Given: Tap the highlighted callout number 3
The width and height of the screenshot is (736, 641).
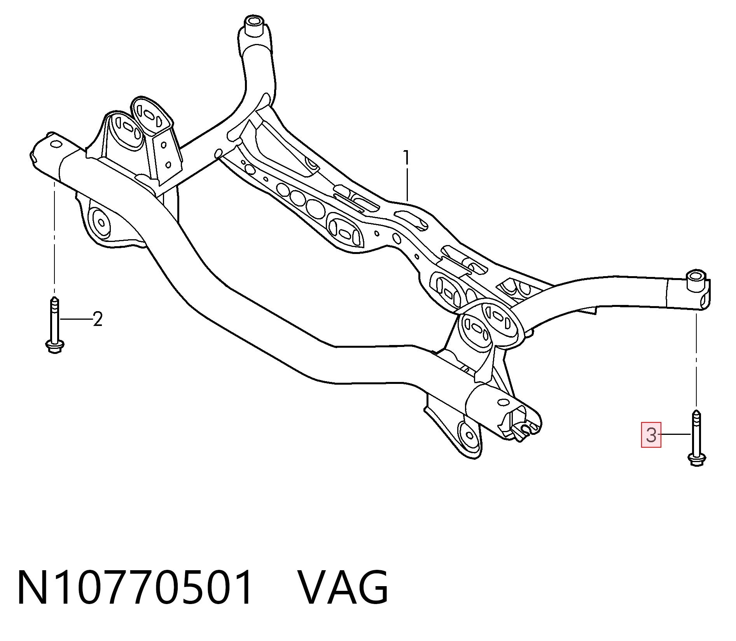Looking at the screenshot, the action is pyautogui.click(x=651, y=435).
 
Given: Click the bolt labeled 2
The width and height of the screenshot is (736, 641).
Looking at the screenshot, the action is pyautogui.click(x=55, y=325).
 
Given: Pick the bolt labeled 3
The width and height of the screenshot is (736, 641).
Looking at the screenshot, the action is pyautogui.click(x=697, y=438).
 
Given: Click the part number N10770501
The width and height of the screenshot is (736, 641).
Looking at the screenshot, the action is pyautogui.click(x=135, y=587).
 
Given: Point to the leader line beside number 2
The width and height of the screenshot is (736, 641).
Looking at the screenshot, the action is pyautogui.click(x=76, y=319).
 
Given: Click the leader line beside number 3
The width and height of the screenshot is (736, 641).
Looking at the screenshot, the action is pyautogui.click(x=674, y=434).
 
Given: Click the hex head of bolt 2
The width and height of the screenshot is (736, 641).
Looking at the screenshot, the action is pyautogui.click(x=55, y=346).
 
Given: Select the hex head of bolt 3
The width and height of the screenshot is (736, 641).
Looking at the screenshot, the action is pyautogui.click(x=697, y=459).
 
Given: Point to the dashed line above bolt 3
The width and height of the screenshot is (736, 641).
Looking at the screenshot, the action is pyautogui.click(x=696, y=360).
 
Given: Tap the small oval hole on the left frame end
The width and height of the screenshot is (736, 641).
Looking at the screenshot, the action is pyautogui.click(x=56, y=145).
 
